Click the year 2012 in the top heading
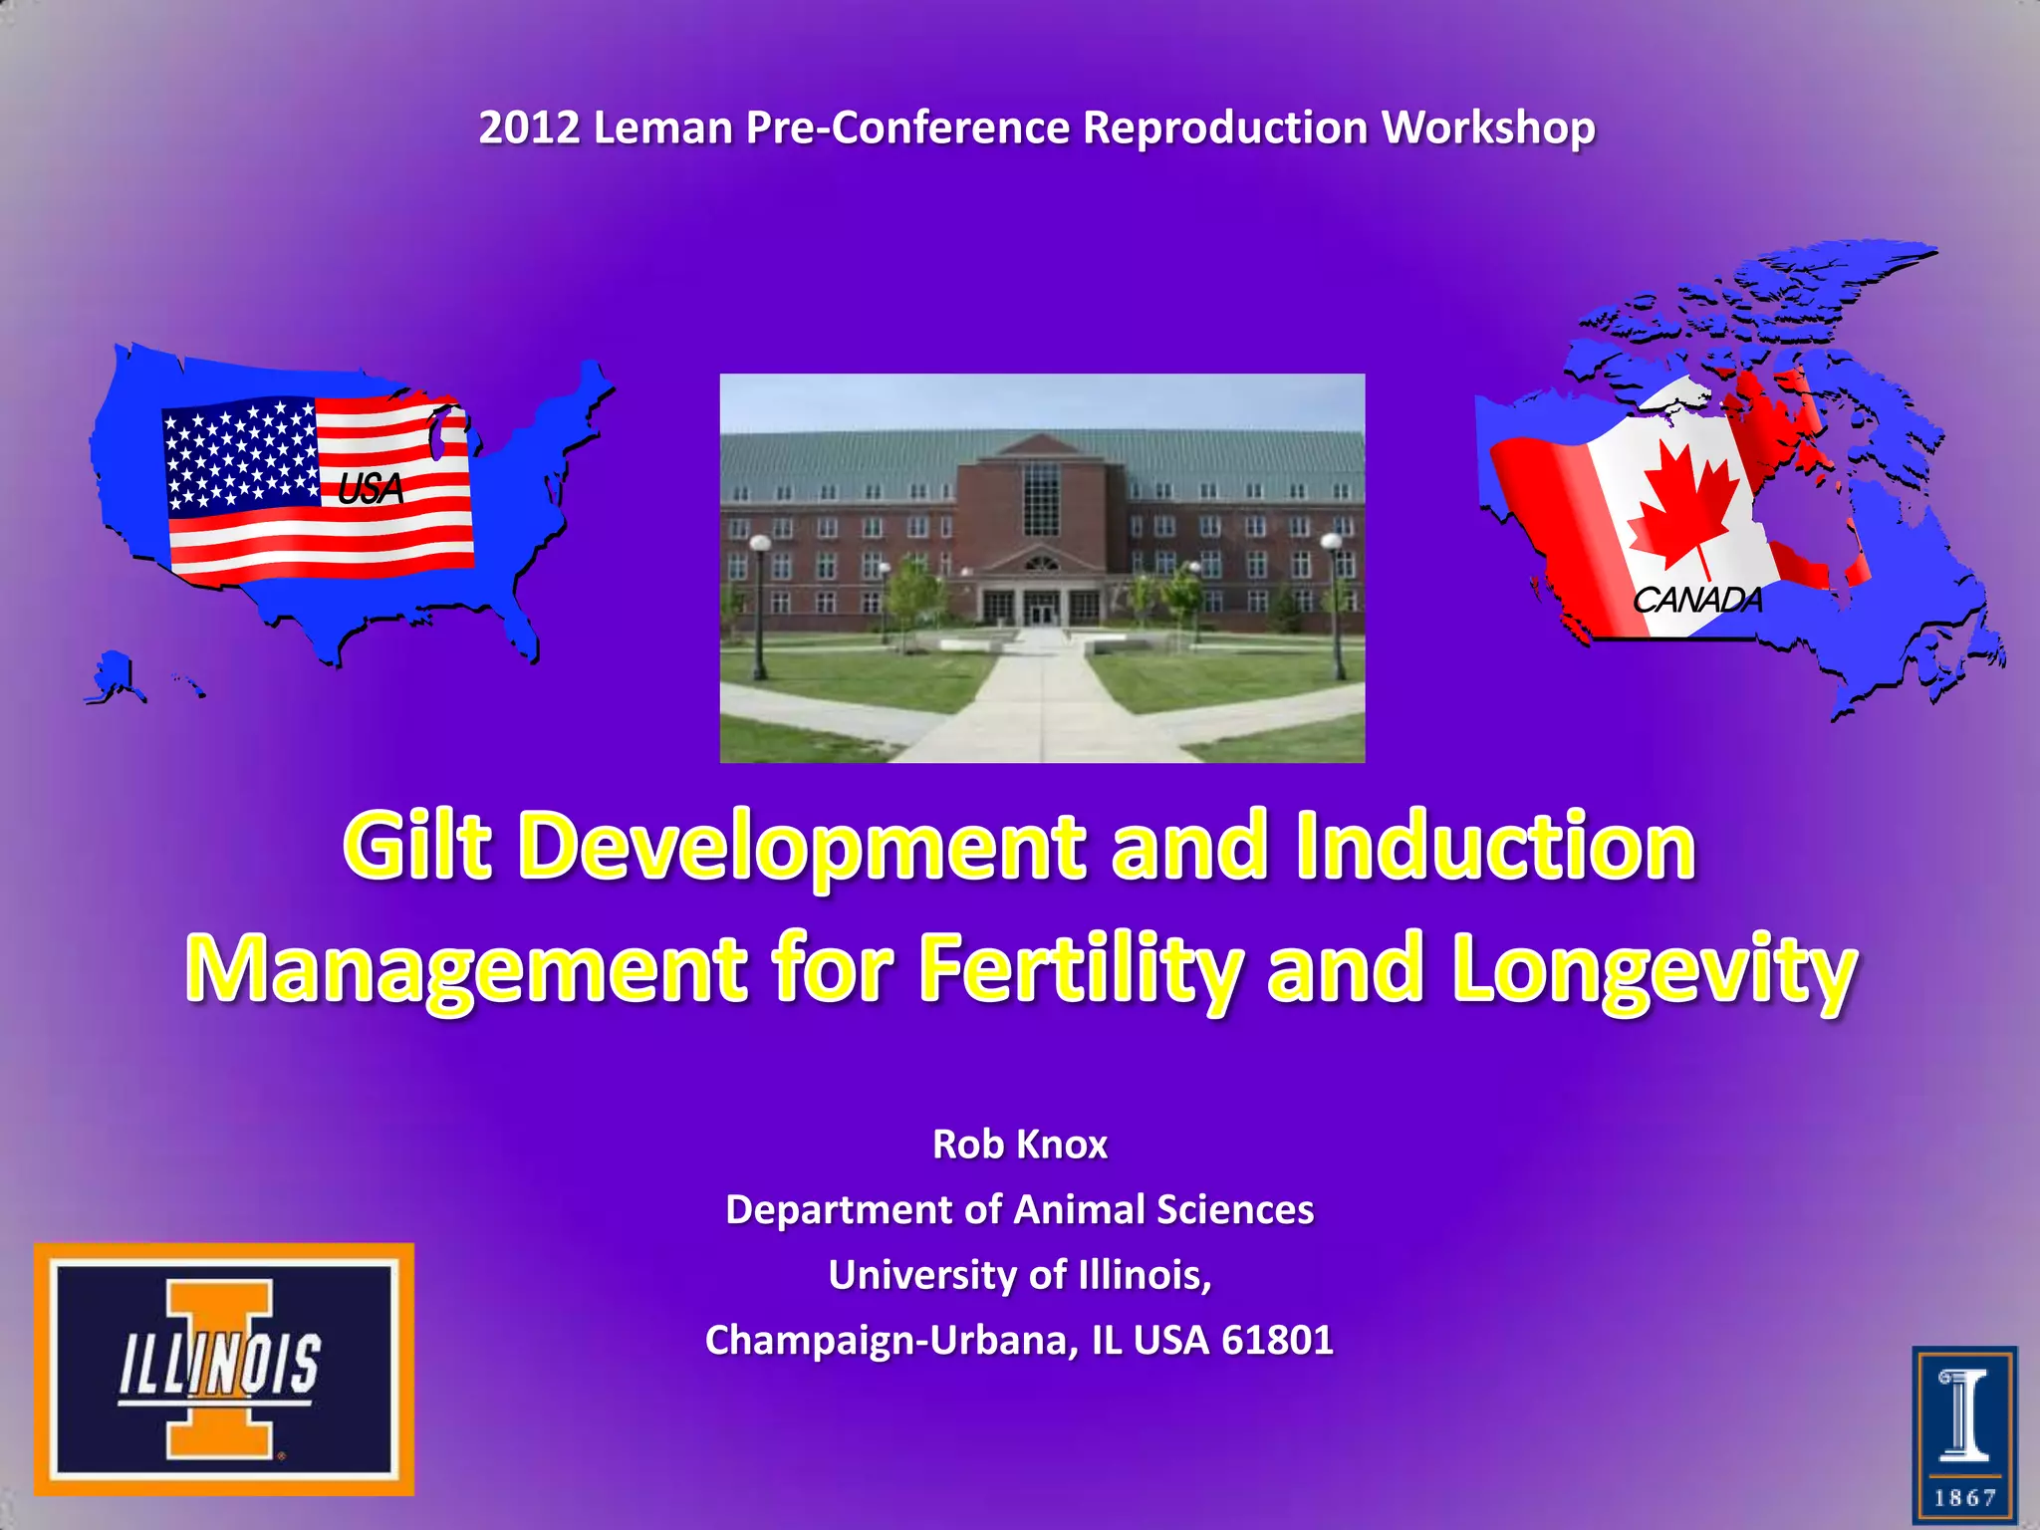(528, 127)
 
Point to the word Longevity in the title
(1654, 969)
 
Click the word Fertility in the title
(1081, 969)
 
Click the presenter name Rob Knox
(1019, 1144)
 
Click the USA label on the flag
(371, 489)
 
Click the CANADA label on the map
(1696, 600)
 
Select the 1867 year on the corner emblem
(1964, 1498)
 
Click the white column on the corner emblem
(1965, 1415)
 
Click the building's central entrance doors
(1042, 608)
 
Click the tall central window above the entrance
(1042, 498)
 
